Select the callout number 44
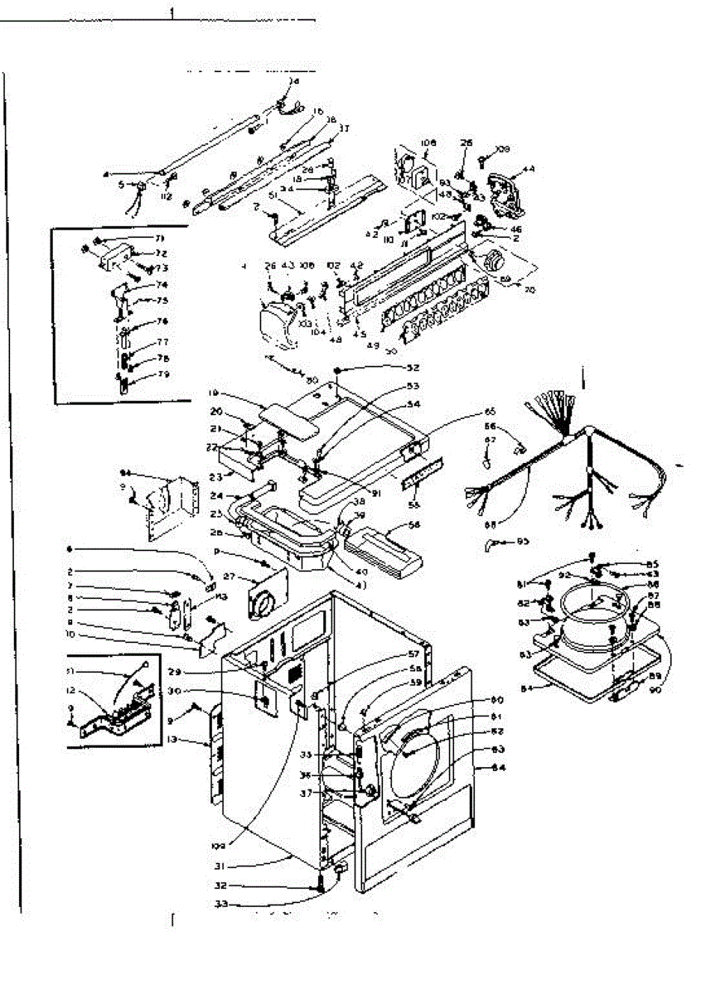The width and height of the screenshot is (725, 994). [x=529, y=169]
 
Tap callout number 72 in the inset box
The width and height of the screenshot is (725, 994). [x=161, y=253]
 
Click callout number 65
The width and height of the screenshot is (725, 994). [x=490, y=411]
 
